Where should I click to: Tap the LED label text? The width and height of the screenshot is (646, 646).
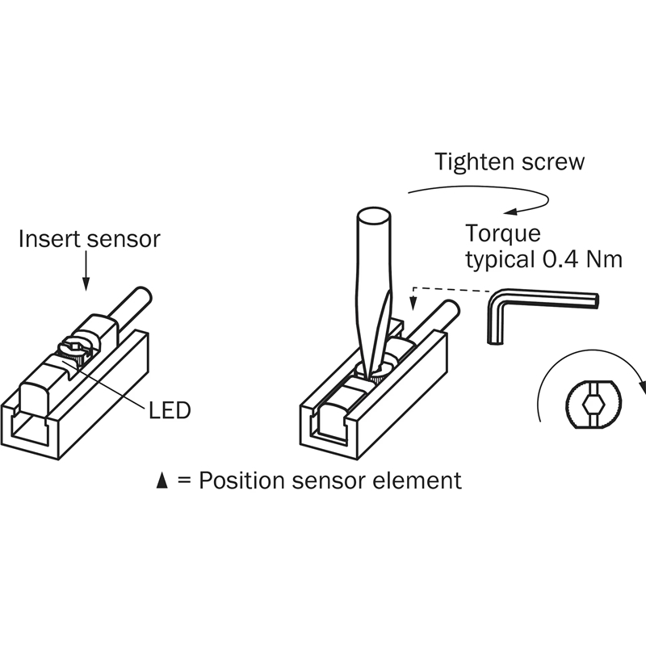click(x=170, y=410)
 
